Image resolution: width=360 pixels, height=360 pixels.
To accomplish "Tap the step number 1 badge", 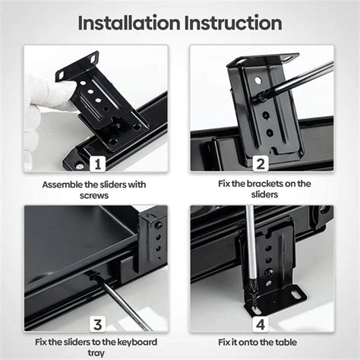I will (97, 164).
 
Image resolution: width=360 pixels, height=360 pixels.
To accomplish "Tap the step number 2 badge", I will (261, 164).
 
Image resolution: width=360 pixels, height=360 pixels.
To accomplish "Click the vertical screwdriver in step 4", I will (248, 251).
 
